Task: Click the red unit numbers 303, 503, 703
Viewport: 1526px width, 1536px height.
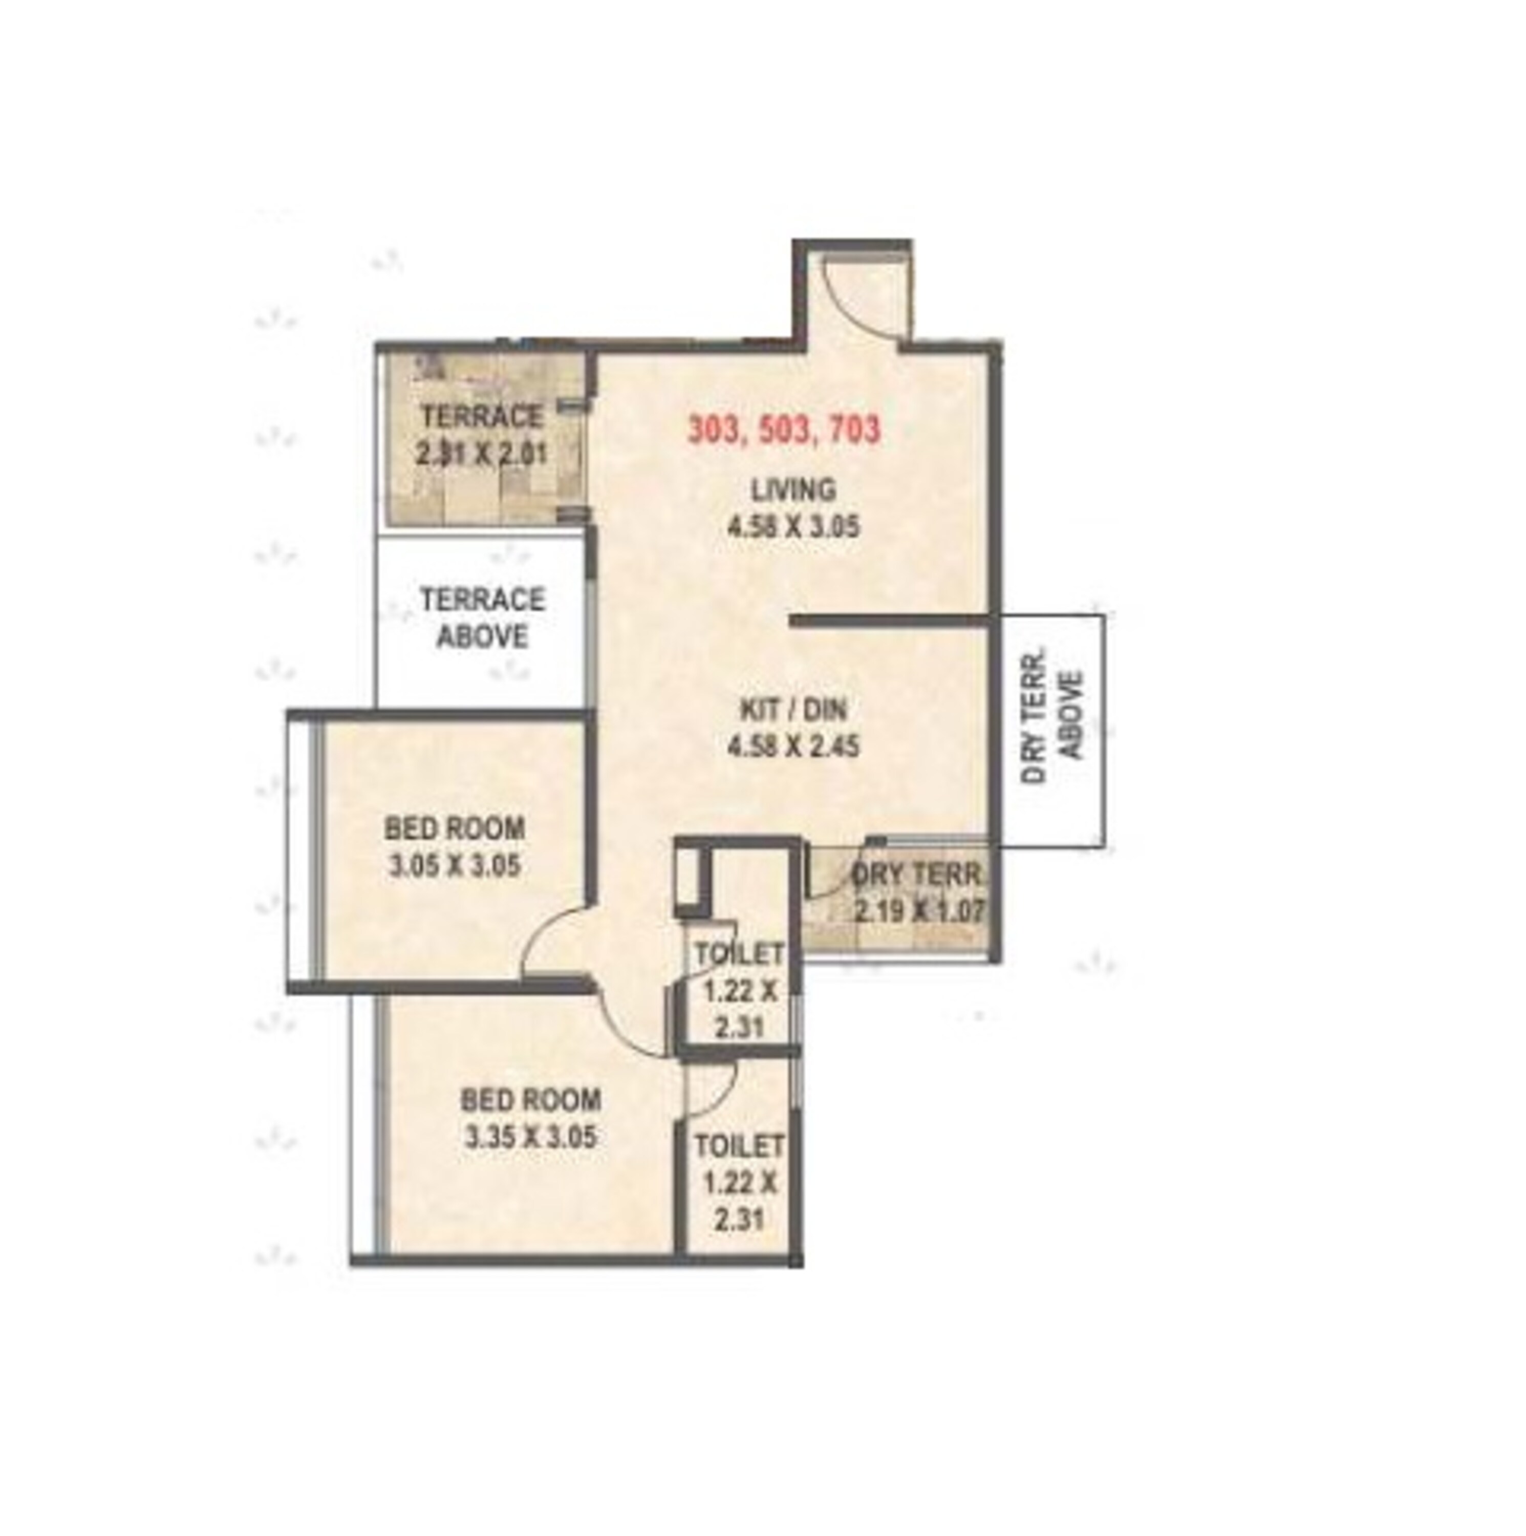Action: (784, 430)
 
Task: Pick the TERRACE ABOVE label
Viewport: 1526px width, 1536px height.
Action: (482, 618)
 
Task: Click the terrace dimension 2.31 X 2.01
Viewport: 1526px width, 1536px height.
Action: (482, 454)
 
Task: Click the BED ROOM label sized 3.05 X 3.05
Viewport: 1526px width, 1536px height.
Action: (455, 828)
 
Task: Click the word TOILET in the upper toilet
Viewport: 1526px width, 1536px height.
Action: (738, 953)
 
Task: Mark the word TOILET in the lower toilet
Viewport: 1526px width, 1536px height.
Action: (738, 1146)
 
